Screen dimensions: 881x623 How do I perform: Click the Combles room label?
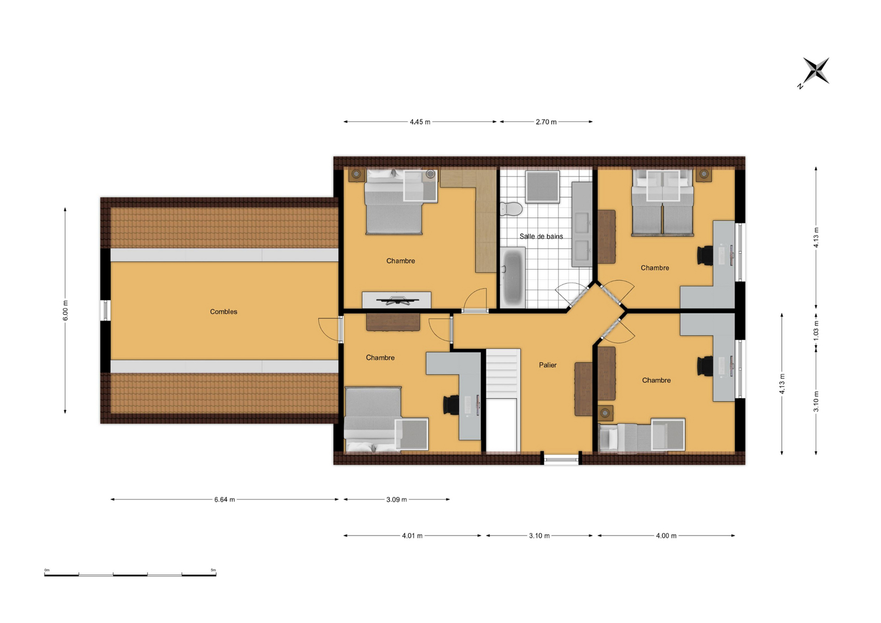tap(223, 311)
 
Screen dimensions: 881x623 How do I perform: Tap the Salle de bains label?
tap(541, 236)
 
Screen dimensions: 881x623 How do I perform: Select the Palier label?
tap(548, 365)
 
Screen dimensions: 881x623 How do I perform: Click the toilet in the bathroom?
tap(511, 209)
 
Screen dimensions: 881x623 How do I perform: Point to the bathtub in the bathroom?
tap(513, 278)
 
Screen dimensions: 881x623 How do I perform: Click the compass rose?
tap(816, 72)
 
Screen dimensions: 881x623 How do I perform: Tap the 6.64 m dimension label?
tap(224, 499)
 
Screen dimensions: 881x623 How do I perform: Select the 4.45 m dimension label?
tap(420, 122)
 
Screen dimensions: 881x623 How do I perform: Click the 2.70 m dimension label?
tap(546, 122)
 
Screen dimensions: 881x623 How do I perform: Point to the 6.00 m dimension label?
tap(65, 310)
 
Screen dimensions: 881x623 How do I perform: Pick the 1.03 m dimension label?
tap(816, 331)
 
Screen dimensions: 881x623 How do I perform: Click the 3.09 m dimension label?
tap(396, 499)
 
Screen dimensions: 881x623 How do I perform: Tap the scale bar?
tap(130, 574)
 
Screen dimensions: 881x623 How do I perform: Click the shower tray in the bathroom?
tap(542, 187)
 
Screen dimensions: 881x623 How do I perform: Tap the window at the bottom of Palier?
tap(561, 458)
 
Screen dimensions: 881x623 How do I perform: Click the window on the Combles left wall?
tap(105, 310)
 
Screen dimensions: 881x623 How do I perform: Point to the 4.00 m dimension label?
tap(666, 536)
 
